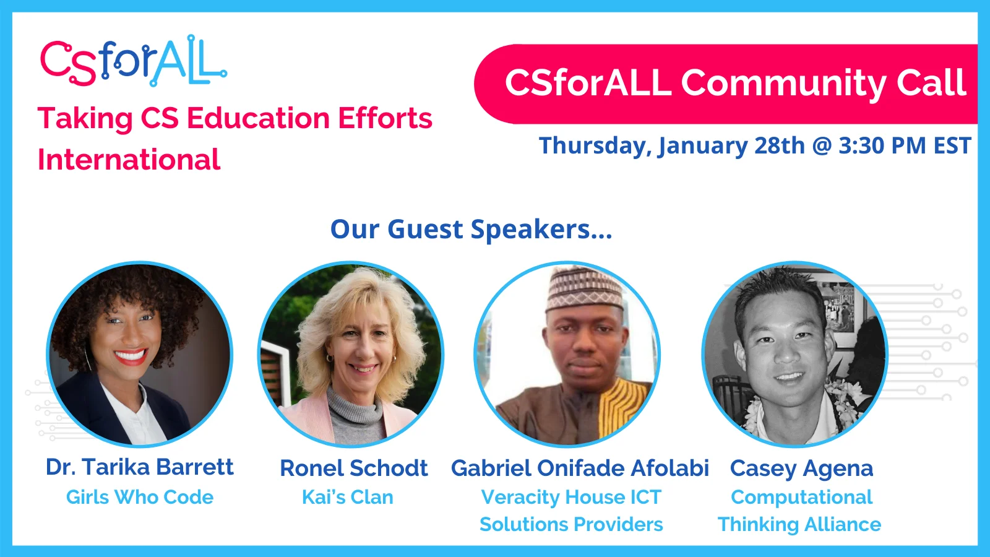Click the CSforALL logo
[133, 61]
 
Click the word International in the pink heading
[129, 160]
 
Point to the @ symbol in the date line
[822, 147]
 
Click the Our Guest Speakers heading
[471, 230]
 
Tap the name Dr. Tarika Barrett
[140, 467]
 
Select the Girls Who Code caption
[140, 497]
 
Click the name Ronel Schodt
[353, 468]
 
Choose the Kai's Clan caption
[347, 497]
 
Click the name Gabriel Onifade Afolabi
[580, 468]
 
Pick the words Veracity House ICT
[571, 497]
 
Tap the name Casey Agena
[801, 468]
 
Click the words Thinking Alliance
[799, 525]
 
